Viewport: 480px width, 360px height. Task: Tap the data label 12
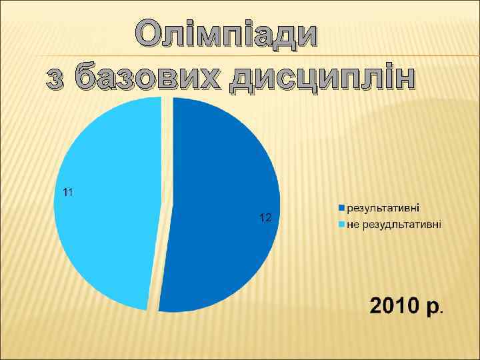(265, 218)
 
